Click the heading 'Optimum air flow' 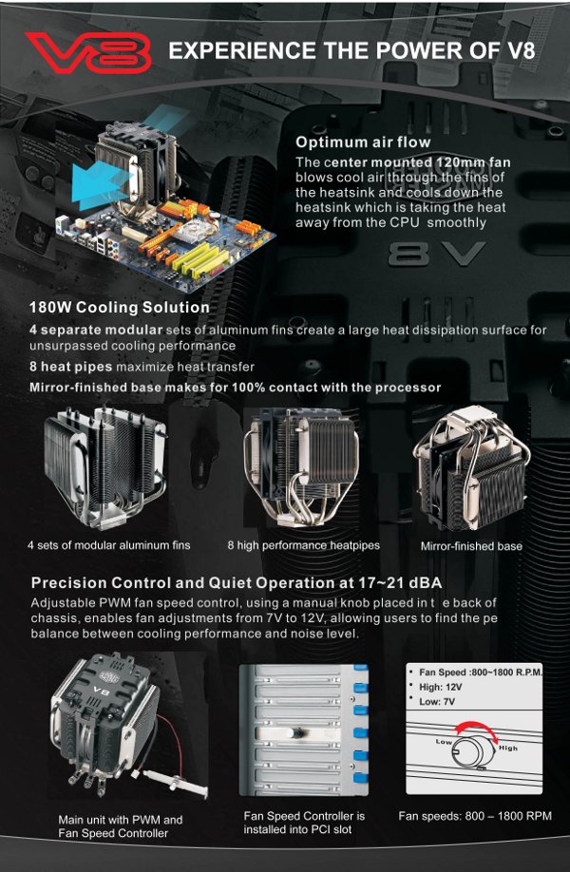pyautogui.click(x=363, y=142)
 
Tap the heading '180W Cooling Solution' pyautogui.click(x=120, y=307)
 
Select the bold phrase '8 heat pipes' pyautogui.click(x=71, y=367)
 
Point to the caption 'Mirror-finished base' pyautogui.click(x=471, y=546)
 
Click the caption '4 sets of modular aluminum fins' pyautogui.click(x=109, y=545)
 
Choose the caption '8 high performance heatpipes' pyautogui.click(x=304, y=545)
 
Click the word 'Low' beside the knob pyautogui.click(x=444, y=741)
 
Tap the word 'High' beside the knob pyautogui.click(x=507, y=748)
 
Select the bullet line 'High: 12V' pyautogui.click(x=441, y=687)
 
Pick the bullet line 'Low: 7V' pyautogui.click(x=437, y=702)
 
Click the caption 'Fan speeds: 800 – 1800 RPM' pyautogui.click(x=475, y=816)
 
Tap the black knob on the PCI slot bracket pyautogui.click(x=292, y=732)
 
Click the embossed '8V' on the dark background pyautogui.click(x=437, y=254)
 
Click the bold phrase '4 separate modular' pyautogui.click(x=96, y=330)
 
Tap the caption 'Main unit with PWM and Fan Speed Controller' pyautogui.click(x=120, y=826)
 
